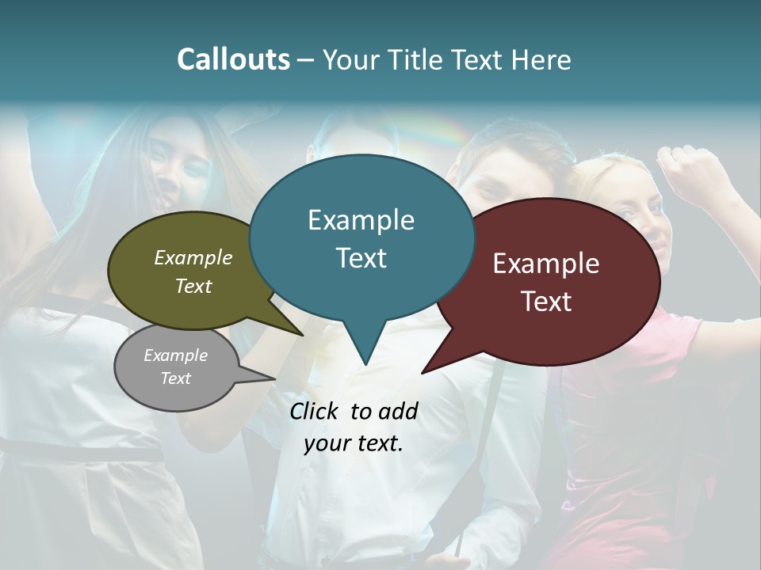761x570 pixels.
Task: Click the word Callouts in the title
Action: [233, 59]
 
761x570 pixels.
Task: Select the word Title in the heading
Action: [419, 59]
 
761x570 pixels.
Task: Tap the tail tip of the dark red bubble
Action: [423, 372]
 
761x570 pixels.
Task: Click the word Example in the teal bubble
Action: [361, 220]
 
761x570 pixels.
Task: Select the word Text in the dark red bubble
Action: [546, 302]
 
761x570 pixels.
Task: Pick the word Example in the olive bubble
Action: [193, 258]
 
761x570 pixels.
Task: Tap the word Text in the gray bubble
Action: [176, 378]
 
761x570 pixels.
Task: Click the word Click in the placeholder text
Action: [315, 411]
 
